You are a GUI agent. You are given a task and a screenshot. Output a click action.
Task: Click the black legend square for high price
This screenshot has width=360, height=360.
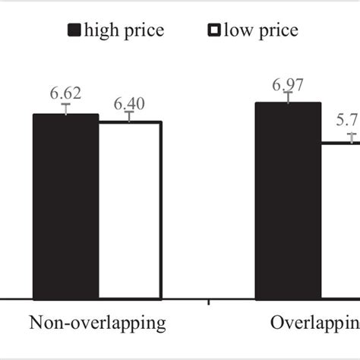tap(74, 30)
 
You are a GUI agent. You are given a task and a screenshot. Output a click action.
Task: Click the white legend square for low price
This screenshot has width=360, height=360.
tap(213, 30)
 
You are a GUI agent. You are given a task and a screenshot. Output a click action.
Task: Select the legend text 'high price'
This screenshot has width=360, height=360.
tap(125, 30)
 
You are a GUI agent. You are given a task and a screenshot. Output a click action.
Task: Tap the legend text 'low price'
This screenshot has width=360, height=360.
tap(261, 30)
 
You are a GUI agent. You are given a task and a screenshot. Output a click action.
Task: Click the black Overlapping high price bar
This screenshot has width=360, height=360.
tap(288, 201)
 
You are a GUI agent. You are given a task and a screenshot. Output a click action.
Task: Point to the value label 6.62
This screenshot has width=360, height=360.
tap(66, 93)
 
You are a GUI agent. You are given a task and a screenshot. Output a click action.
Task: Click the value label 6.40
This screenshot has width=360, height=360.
tap(129, 101)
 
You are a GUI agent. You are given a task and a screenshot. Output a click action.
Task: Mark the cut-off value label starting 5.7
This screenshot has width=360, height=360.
tap(348, 121)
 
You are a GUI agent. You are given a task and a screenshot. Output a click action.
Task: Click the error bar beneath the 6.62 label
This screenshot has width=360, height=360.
tap(66, 109)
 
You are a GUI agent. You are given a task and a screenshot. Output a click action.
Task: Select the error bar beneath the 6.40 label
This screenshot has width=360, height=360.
tap(130, 116)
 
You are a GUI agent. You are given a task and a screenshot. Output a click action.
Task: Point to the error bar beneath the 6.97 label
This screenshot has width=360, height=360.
tap(288, 96)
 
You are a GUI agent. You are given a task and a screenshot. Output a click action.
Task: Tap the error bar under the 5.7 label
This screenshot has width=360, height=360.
tap(352, 137)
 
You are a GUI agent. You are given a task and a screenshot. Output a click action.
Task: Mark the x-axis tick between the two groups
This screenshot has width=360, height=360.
tap(208, 305)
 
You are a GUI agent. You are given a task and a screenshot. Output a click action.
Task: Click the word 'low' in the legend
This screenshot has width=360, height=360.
tap(242, 30)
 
